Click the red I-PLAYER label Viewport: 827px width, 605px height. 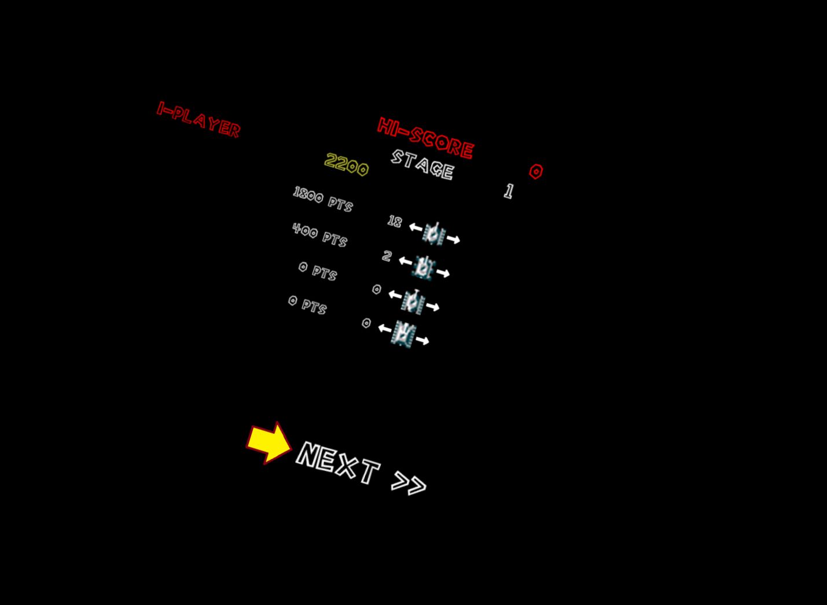click(x=199, y=120)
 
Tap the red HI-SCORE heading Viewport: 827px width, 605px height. click(x=425, y=138)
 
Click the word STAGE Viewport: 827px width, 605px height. click(x=422, y=164)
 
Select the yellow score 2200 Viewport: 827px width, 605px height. click(x=346, y=165)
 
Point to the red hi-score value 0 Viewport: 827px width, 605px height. click(x=536, y=171)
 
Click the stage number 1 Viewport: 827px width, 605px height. click(x=508, y=191)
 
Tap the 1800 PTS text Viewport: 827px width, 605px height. click(x=322, y=199)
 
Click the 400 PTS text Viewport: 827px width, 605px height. click(x=319, y=234)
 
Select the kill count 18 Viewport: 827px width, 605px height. click(x=395, y=221)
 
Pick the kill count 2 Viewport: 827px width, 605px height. click(x=387, y=256)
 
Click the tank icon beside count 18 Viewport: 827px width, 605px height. click(x=434, y=234)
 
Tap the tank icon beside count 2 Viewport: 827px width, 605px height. click(x=424, y=268)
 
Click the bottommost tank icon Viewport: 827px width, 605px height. click(x=403, y=334)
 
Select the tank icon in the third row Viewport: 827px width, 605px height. click(x=413, y=301)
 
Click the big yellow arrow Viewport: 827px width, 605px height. click(x=269, y=442)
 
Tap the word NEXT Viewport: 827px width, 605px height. click(x=338, y=463)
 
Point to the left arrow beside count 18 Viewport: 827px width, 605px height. click(x=416, y=227)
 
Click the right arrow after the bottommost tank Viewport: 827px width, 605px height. click(x=422, y=341)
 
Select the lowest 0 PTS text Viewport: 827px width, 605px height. click(x=307, y=304)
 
